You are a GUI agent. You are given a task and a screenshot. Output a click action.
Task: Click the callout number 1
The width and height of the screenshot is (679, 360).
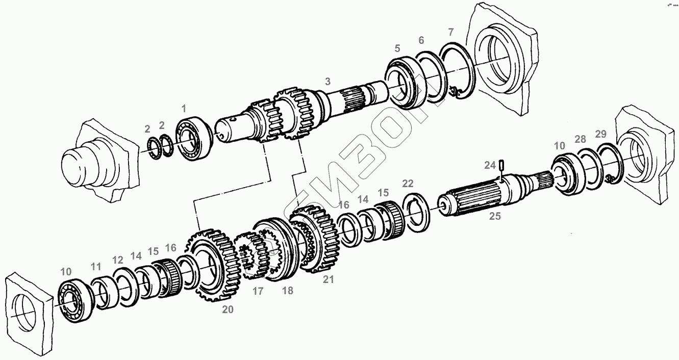(x=184, y=108)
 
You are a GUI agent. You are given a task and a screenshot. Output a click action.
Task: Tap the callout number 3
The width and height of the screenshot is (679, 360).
(x=328, y=81)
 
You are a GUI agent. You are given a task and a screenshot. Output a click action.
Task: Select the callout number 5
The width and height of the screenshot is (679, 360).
(x=397, y=49)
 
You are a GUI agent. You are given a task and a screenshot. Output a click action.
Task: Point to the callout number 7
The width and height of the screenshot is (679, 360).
(x=450, y=32)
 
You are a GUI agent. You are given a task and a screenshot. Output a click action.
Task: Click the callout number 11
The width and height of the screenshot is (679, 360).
(x=96, y=266)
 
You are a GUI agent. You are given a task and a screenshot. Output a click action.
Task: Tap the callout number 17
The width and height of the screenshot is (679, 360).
(x=258, y=291)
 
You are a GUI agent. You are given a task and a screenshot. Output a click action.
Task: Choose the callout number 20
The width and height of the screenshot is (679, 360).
(x=228, y=309)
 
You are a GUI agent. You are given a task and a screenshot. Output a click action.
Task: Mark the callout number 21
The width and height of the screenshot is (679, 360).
(x=328, y=279)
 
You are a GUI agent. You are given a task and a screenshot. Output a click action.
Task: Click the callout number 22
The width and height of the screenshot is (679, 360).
(x=408, y=184)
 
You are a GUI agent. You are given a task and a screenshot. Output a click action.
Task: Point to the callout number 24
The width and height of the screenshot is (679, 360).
(x=490, y=165)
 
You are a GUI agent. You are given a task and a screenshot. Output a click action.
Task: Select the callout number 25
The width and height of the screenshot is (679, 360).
(x=495, y=216)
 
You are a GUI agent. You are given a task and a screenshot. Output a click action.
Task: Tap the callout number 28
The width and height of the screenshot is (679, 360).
(x=580, y=139)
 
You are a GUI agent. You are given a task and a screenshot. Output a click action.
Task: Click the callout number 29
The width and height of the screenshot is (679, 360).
(x=600, y=134)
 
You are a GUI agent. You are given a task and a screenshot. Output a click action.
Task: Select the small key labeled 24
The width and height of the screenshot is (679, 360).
(x=502, y=164)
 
